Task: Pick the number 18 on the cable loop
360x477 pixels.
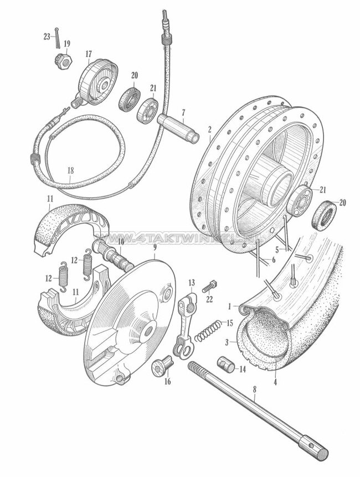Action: [x=69, y=171]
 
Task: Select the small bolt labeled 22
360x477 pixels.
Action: [x=208, y=288]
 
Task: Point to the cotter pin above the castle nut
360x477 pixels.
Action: [x=58, y=39]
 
